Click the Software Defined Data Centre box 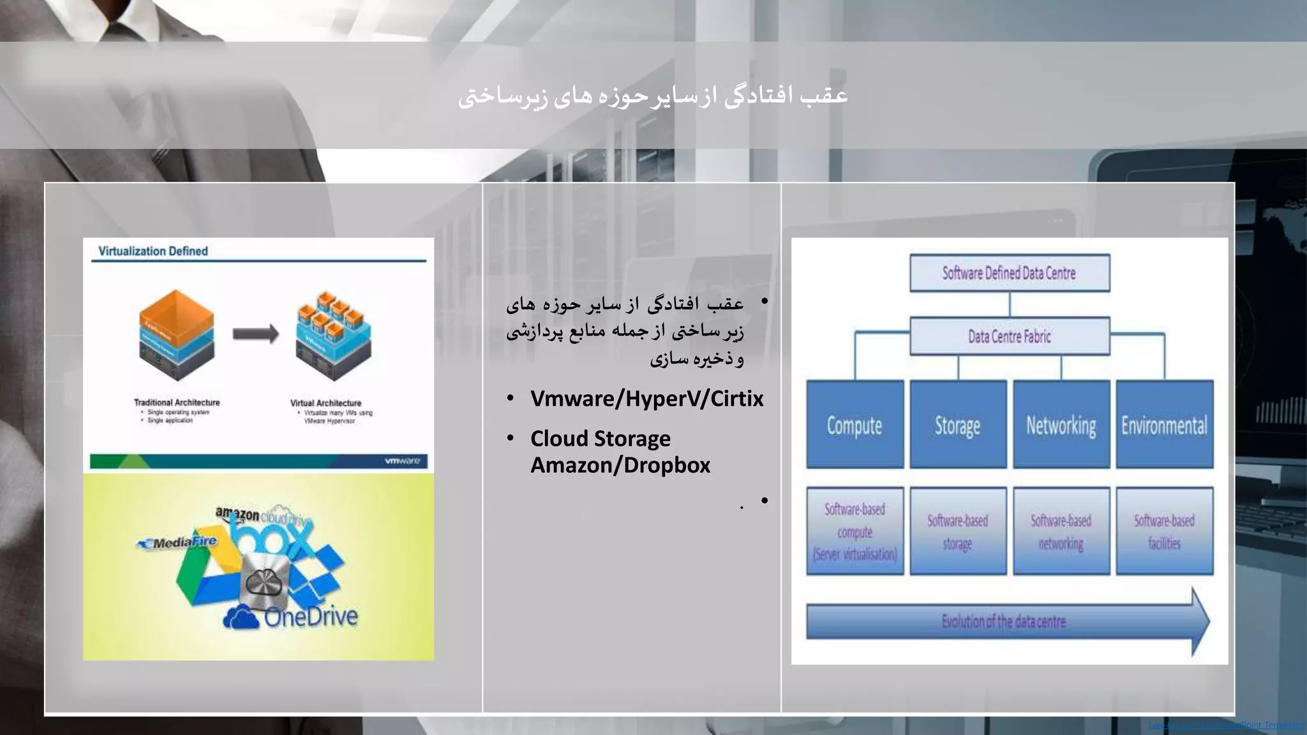point(1009,273)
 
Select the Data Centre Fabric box point(1009,336)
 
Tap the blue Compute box point(855,425)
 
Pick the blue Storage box point(957,425)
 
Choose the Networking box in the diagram point(1061,425)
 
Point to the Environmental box point(1164,425)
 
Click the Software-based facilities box point(1164,531)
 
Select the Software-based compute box point(855,531)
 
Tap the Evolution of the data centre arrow point(1004,621)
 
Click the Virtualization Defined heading point(153,251)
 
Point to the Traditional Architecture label point(177,403)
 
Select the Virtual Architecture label point(325,403)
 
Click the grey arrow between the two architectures point(255,334)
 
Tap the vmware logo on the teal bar point(402,461)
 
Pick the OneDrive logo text point(311,617)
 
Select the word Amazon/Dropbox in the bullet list point(620,465)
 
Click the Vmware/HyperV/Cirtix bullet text point(646,399)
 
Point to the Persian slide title point(653,96)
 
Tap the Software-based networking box point(1061,531)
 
